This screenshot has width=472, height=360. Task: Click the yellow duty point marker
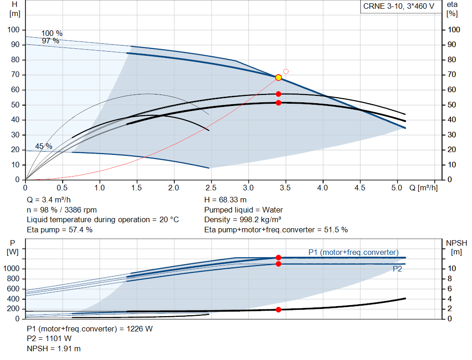[278, 77]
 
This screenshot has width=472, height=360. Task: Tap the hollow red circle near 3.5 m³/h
[286, 71]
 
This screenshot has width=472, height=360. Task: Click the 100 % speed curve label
[52, 33]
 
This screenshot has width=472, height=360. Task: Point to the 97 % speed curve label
[51, 41]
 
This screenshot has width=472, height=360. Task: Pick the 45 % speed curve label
[44, 146]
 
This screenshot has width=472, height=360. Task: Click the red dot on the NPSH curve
[278, 310]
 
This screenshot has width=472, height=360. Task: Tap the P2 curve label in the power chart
[397, 269]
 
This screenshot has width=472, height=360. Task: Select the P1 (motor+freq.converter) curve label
[354, 252]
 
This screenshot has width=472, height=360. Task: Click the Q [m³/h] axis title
[424, 188]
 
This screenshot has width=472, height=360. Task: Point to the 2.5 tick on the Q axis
[211, 188]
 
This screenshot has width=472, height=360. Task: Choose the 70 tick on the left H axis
[15, 75]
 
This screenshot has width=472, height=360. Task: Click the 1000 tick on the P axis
[12, 268]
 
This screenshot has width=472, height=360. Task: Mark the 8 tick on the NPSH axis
[450, 279]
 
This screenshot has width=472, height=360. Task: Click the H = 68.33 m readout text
[225, 200]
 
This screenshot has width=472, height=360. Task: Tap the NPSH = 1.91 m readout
[54, 348]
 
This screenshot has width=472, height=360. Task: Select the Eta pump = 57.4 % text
[59, 230]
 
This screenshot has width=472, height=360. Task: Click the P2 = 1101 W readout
[49, 339]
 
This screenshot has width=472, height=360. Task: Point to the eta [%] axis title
[452, 9]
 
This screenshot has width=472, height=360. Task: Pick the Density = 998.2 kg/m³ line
[242, 220]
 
